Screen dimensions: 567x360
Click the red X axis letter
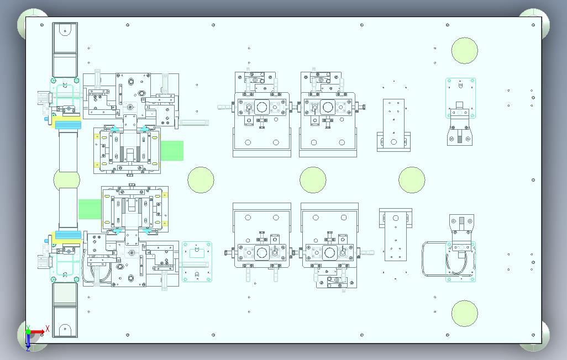click(47, 329)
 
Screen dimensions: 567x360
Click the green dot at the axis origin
click(28, 331)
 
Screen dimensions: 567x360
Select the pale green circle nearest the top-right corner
click(464, 51)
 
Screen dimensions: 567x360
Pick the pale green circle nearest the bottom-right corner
click(464, 314)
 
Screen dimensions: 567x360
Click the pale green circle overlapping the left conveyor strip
click(66, 179)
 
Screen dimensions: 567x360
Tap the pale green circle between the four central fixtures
click(313, 179)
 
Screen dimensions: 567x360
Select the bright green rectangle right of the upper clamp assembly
click(172, 151)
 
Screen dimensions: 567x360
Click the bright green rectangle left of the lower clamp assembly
click(90, 209)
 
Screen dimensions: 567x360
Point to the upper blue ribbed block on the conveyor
click(68, 125)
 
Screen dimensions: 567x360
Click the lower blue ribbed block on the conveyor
click(68, 235)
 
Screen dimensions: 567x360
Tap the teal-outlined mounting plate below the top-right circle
click(460, 98)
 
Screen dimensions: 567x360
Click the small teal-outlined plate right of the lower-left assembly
click(197, 262)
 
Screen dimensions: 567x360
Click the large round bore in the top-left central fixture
click(261, 107)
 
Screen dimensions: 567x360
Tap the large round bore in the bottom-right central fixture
click(329, 253)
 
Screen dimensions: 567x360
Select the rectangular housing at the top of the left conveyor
click(65, 50)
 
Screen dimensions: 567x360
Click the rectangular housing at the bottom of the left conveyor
click(65, 310)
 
